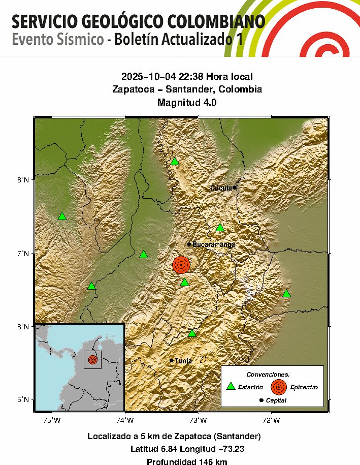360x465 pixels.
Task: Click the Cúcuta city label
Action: pos(221,188)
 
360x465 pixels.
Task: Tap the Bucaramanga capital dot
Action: pos(189,244)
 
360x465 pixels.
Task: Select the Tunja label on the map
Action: pos(183,361)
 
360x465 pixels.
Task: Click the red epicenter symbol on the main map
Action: pos(181,265)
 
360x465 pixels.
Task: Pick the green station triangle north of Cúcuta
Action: pos(174,162)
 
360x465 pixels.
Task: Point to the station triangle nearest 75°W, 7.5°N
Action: pos(62,216)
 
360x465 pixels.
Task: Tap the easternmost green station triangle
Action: pos(286,294)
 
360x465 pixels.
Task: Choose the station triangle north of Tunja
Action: pos(191,333)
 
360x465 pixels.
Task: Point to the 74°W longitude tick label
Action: pos(125,420)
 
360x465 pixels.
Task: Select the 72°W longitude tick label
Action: pos(271,420)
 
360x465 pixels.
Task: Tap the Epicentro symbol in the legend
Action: pos(278,387)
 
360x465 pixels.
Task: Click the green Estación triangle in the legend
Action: pos(231,386)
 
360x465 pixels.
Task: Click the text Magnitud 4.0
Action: pos(187,101)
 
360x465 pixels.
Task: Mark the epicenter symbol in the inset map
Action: pos(92,359)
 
